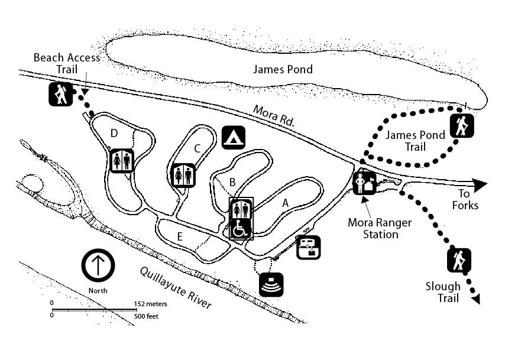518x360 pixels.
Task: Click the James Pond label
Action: (283, 69)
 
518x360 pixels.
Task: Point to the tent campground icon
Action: (234, 137)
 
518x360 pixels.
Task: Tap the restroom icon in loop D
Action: (122, 160)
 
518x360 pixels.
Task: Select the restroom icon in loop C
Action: (183, 174)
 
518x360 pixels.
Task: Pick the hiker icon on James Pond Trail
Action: (461, 126)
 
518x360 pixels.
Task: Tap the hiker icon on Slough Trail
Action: (459, 260)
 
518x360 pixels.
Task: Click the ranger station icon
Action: (364, 183)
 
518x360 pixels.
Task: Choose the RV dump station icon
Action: (308, 247)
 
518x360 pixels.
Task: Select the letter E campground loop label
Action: (180, 237)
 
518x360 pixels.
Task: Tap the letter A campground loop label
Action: (285, 202)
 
